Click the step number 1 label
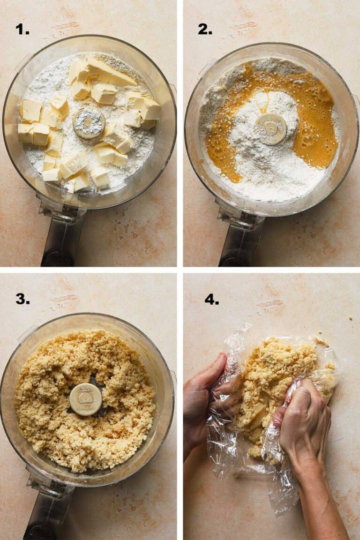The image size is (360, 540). (22, 29)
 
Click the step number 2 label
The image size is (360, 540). (204, 29)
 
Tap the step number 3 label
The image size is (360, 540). (22, 299)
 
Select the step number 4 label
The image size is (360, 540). (211, 299)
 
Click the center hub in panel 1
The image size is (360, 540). (89, 122)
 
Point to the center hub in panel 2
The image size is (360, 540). (271, 128)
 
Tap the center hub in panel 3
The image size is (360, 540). (86, 399)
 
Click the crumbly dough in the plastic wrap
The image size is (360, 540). (277, 375)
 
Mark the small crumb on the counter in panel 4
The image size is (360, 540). (351, 318)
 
